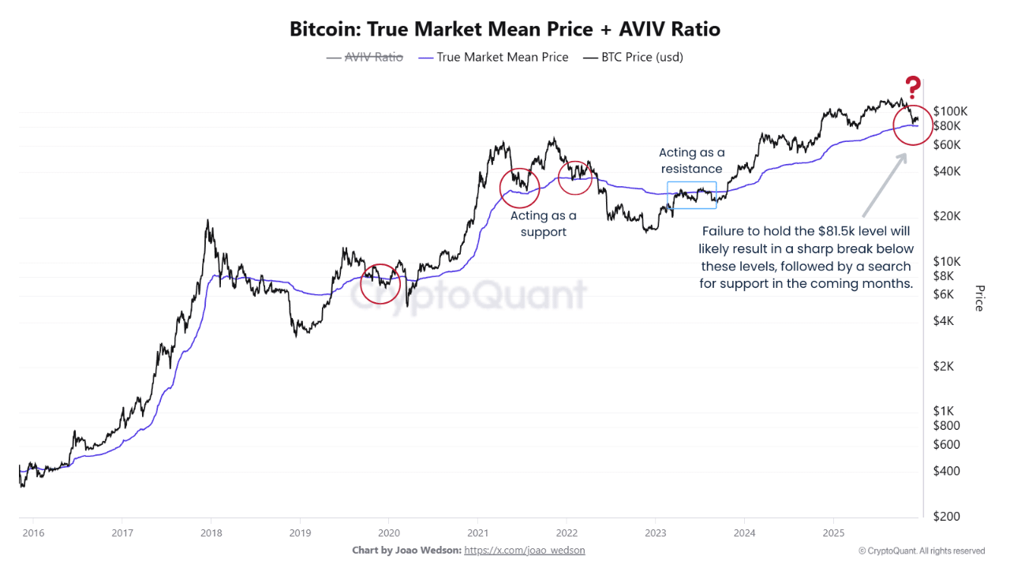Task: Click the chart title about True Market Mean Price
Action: (x=505, y=30)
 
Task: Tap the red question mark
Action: (x=913, y=88)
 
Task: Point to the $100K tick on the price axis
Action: (x=950, y=111)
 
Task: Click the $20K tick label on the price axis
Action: (x=947, y=216)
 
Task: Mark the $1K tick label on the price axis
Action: (x=944, y=411)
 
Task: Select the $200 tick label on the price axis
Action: (x=946, y=516)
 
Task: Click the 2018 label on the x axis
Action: (x=211, y=532)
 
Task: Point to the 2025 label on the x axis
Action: (x=833, y=532)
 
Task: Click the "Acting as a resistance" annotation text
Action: (x=691, y=160)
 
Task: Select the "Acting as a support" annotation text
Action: (x=543, y=223)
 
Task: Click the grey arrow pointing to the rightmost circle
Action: (x=884, y=185)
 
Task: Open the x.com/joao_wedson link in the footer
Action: (x=525, y=550)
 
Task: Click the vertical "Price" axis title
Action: (x=979, y=297)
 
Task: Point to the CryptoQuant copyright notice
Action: (x=921, y=551)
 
